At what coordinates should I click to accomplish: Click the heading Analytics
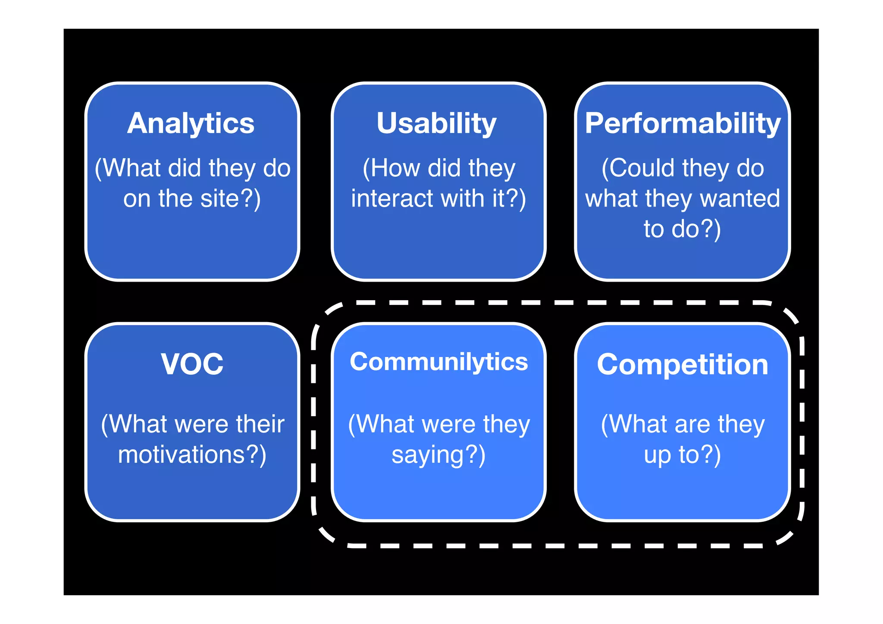click(191, 124)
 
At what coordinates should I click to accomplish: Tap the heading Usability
click(436, 123)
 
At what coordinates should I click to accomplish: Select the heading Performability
click(683, 124)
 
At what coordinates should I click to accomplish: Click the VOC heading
click(192, 364)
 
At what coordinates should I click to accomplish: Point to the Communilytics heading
click(438, 362)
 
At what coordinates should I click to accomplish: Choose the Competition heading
click(683, 365)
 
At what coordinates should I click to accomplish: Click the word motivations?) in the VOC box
click(192, 455)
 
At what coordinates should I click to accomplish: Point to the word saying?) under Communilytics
click(438, 455)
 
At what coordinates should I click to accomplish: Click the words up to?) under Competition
click(682, 455)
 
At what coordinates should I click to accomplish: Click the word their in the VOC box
click(260, 424)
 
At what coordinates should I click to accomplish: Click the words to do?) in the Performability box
click(682, 229)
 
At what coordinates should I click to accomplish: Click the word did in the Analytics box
click(184, 168)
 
